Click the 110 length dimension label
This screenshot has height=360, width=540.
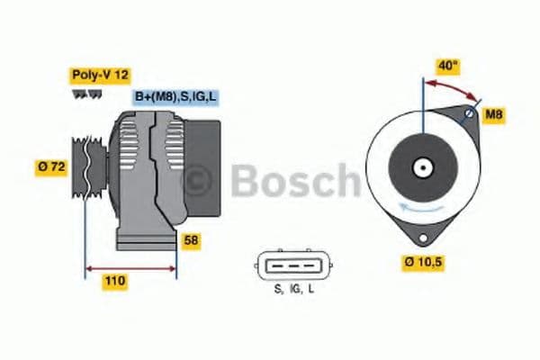click(115, 282)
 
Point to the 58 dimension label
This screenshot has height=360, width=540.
click(192, 240)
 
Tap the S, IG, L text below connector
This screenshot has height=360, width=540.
click(293, 289)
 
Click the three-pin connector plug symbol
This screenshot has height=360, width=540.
click(293, 264)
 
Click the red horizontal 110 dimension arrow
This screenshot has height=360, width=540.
click(130, 267)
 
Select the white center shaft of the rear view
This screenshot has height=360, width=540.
click(421, 167)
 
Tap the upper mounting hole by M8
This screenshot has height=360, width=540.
click(469, 115)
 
